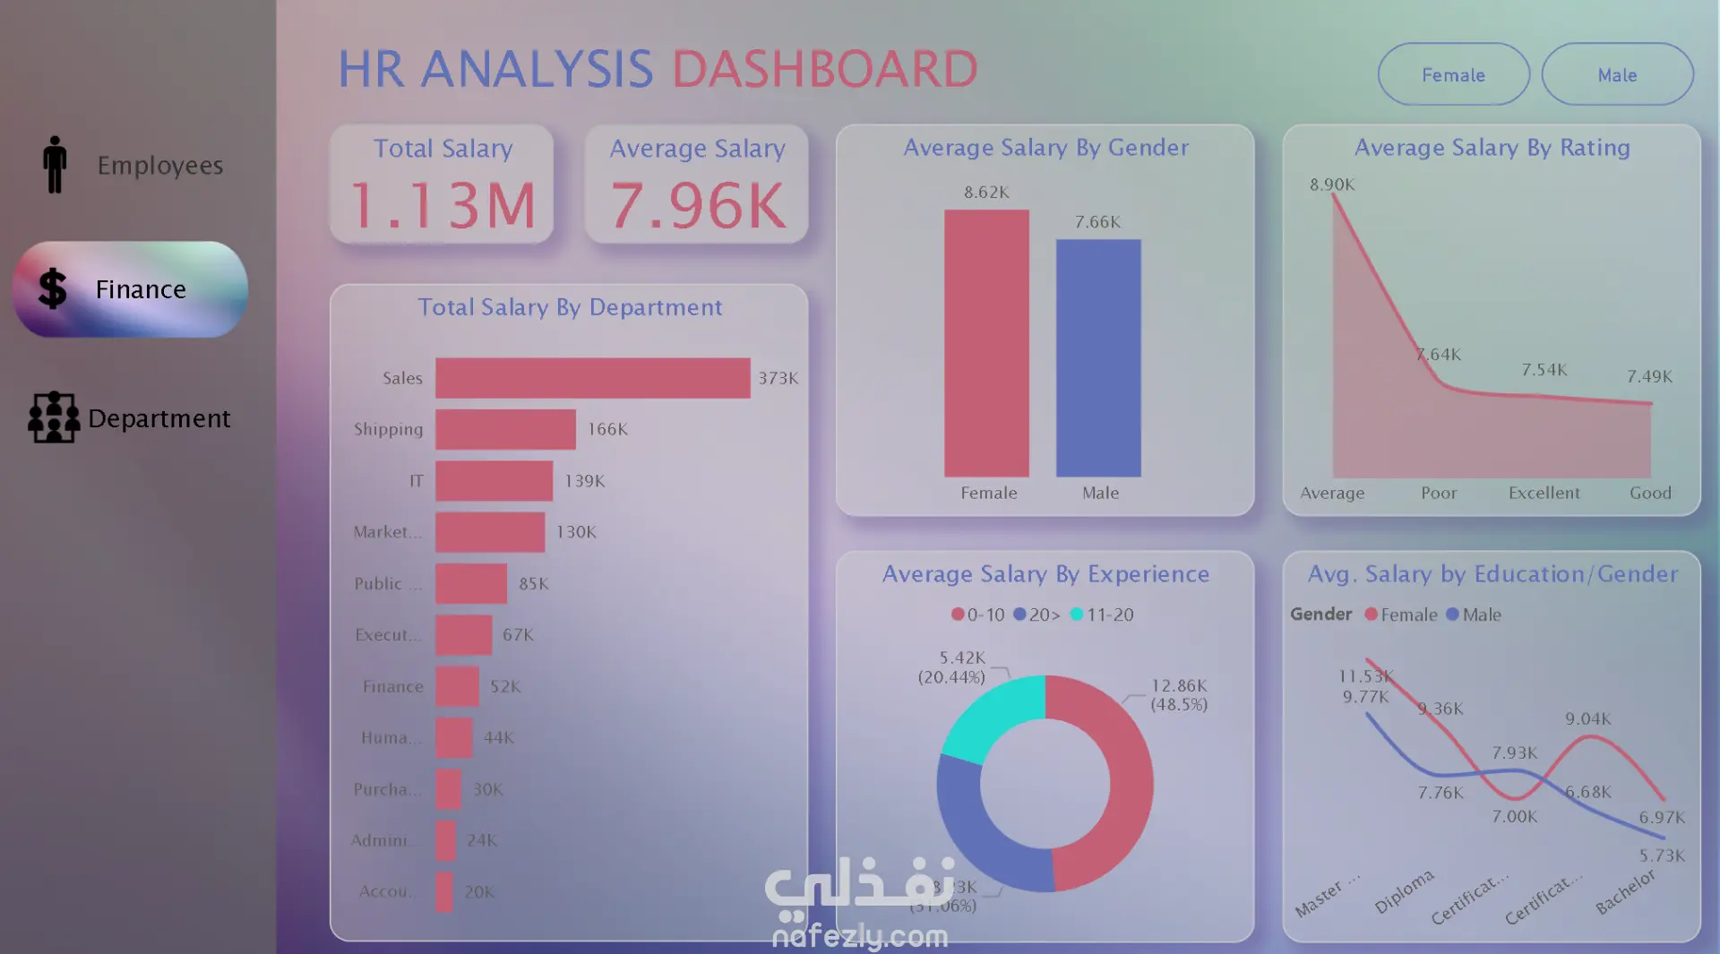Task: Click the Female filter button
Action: point(1453,75)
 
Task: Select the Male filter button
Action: point(1617,75)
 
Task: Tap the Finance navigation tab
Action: point(130,289)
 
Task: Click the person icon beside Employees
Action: point(55,165)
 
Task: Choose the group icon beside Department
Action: point(54,417)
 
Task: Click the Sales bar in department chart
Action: point(592,378)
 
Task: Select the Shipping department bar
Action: point(505,429)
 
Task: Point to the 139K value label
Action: point(584,481)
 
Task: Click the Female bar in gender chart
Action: point(986,343)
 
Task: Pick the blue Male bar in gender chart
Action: point(1098,357)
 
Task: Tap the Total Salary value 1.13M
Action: point(443,206)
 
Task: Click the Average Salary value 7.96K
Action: point(698,206)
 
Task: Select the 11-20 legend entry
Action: point(1102,615)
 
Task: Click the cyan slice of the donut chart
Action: point(990,717)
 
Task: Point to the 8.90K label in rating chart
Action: point(1332,185)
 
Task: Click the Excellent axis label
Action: point(1544,493)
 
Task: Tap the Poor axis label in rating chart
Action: point(1439,493)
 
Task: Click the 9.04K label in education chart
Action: point(1587,718)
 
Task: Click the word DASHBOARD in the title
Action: point(824,69)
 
